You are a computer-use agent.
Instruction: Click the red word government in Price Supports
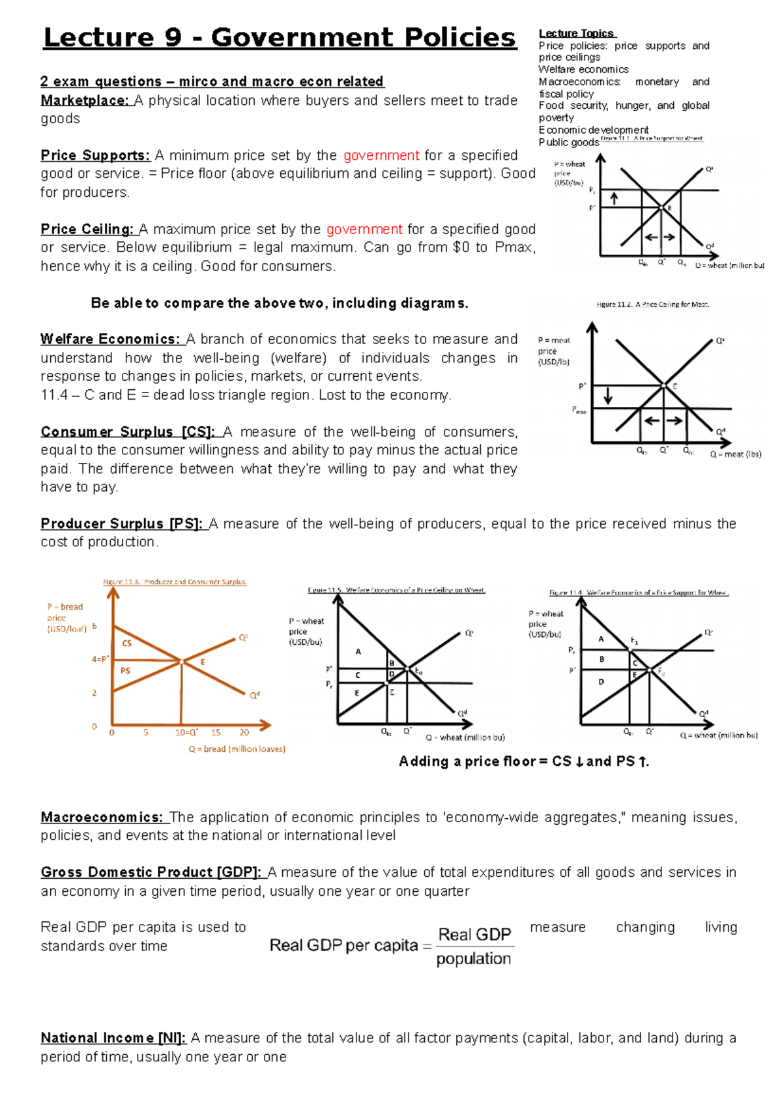(x=381, y=156)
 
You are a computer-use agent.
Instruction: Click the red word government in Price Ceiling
(x=364, y=229)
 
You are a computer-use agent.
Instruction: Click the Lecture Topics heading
(x=576, y=33)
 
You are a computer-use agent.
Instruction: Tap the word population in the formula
(x=474, y=959)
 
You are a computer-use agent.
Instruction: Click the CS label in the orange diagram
(x=127, y=643)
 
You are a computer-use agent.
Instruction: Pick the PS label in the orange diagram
(x=125, y=671)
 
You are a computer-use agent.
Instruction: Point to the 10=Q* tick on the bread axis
(x=186, y=733)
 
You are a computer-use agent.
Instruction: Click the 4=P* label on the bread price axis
(x=100, y=659)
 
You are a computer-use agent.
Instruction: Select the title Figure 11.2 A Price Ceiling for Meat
(x=653, y=304)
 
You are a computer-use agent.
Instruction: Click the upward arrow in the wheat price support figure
(x=614, y=198)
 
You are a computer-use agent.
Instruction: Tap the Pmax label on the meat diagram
(x=579, y=410)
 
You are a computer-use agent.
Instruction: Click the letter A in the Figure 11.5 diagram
(x=358, y=651)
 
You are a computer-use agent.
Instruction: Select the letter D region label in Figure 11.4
(x=601, y=682)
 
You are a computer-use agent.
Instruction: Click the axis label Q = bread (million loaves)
(x=237, y=749)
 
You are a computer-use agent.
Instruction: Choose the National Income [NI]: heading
(x=113, y=1038)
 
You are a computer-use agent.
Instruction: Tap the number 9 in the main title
(x=173, y=38)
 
